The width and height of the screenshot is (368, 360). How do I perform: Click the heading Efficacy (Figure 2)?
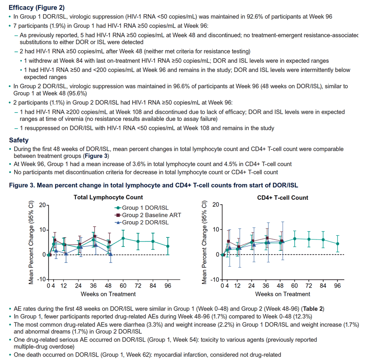pyautogui.click(x=36, y=8)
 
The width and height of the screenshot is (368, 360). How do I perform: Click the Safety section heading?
pyautogui.click(x=19, y=140)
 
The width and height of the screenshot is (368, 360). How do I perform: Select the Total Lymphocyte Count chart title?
pyautogui.click(x=108, y=197)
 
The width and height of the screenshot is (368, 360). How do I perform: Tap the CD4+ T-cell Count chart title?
pyautogui.click(x=283, y=198)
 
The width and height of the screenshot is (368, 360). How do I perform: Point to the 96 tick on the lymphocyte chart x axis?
pyautogui.click(x=168, y=285)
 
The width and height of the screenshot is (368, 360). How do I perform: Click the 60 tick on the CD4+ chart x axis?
pyautogui.click(x=294, y=285)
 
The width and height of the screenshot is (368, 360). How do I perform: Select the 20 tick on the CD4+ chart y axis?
pyautogui.click(x=216, y=205)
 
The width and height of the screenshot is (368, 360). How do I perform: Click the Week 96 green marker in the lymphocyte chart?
pyautogui.click(x=168, y=246)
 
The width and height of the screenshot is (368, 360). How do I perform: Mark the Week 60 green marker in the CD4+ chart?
pyautogui.click(x=295, y=239)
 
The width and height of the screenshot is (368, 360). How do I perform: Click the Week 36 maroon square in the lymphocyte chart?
pyautogui.click(x=95, y=236)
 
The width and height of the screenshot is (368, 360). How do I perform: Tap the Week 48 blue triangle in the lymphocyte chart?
pyautogui.click(x=111, y=254)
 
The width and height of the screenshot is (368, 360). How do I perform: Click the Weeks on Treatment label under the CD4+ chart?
pyautogui.click(x=283, y=294)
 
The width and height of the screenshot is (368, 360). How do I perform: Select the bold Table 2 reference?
pyautogui.click(x=313, y=309)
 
